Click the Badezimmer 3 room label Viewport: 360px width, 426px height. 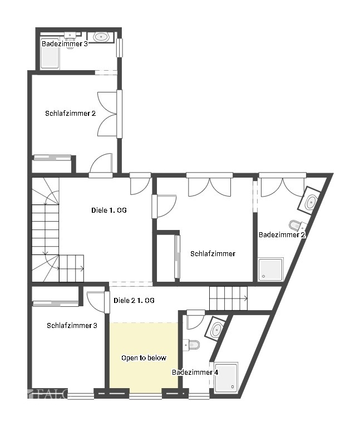[x=65, y=43]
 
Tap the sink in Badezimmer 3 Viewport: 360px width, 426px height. [x=101, y=37]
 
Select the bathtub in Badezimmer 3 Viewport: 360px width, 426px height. [x=50, y=57]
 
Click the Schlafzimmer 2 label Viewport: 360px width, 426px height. [x=71, y=113]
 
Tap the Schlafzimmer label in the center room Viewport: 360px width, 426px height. [x=213, y=253]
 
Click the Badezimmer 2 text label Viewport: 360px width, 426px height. [x=283, y=235]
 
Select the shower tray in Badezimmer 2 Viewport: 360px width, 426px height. [x=270, y=270]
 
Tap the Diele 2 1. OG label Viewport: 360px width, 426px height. [x=134, y=300]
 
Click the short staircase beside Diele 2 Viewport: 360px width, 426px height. [x=228, y=298]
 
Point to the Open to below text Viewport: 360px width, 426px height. [x=144, y=358]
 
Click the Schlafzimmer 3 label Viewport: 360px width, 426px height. [x=72, y=326]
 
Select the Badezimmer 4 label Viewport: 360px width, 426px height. [x=195, y=372]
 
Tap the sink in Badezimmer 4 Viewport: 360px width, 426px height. [x=215, y=329]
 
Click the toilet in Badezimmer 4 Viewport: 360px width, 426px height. [x=193, y=345]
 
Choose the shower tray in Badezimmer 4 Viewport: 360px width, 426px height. [x=226, y=378]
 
